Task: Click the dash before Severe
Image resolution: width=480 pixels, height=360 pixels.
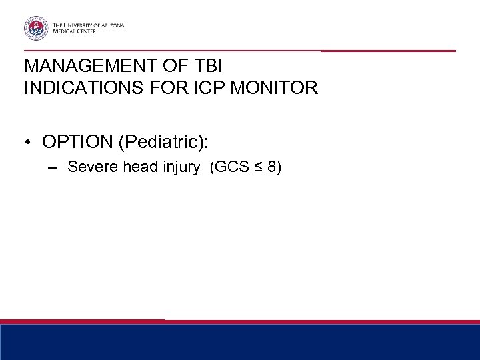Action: (55, 167)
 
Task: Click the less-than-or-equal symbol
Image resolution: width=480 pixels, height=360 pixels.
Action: (258, 167)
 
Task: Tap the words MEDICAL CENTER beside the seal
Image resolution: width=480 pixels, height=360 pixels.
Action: (75, 32)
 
